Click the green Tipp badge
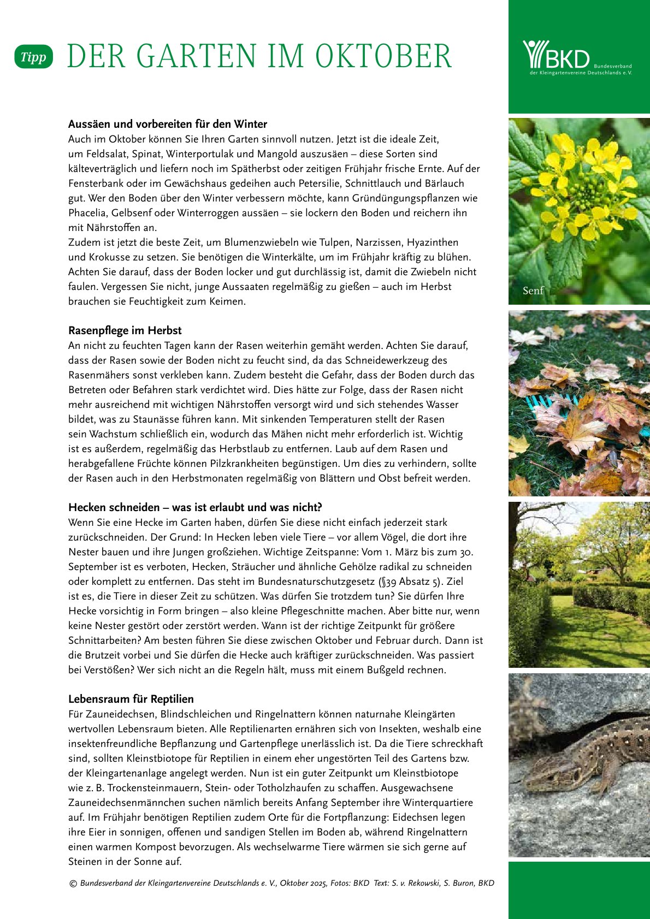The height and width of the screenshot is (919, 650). (33, 57)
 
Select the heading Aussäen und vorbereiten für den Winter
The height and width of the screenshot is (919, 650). (167, 124)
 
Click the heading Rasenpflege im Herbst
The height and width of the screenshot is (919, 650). (125, 330)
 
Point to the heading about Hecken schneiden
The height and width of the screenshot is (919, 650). (195, 507)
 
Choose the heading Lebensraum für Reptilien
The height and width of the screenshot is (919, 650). (131, 699)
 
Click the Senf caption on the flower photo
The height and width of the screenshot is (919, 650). (533, 290)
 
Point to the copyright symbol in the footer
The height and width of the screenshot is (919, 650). (73, 883)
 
